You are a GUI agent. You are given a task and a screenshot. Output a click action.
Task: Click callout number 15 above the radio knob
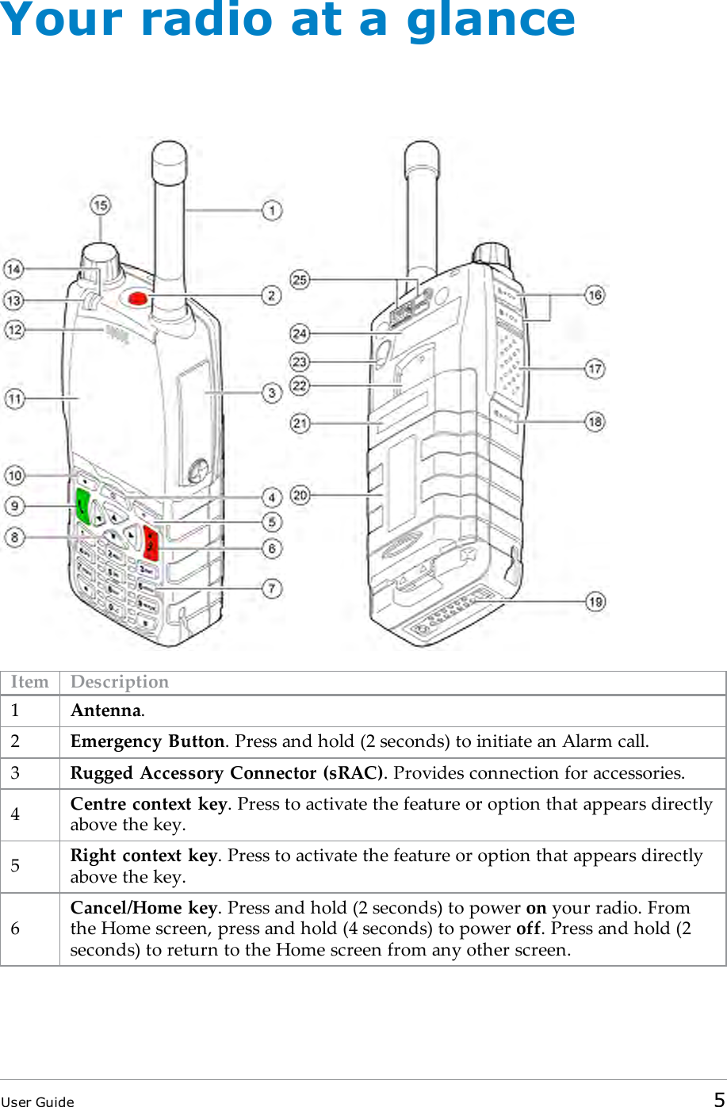(x=101, y=206)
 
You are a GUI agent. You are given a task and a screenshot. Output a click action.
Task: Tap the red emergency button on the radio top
(x=137, y=298)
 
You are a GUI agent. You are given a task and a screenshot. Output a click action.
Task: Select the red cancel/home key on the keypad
(x=151, y=543)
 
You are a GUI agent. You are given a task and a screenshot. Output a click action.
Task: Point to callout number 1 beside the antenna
(x=272, y=211)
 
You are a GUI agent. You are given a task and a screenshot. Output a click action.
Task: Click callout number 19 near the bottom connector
(x=595, y=602)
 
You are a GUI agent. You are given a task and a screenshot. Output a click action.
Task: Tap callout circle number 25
(x=300, y=279)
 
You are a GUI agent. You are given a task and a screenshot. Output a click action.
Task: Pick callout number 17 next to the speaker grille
(x=595, y=369)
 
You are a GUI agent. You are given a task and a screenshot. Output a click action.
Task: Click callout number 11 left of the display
(x=15, y=399)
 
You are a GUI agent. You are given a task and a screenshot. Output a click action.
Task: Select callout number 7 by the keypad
(x=272, y=589)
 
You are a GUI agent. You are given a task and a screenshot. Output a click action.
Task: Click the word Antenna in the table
(x=106, y=711)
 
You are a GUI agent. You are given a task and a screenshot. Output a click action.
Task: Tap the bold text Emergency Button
(x=147, y=741)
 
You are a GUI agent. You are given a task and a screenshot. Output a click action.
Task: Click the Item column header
(x=29, y=682)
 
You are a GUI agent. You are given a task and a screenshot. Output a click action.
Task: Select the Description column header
(x=120, y=682)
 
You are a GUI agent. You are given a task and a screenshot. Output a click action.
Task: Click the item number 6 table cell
(x=15, y=929)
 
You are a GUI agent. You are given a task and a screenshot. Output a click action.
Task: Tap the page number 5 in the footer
(x=718, y=1099)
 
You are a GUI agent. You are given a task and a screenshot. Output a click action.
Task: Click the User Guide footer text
(x=37, y=1101)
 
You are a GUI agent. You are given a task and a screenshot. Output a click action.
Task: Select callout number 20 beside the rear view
(x=300, y=496)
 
